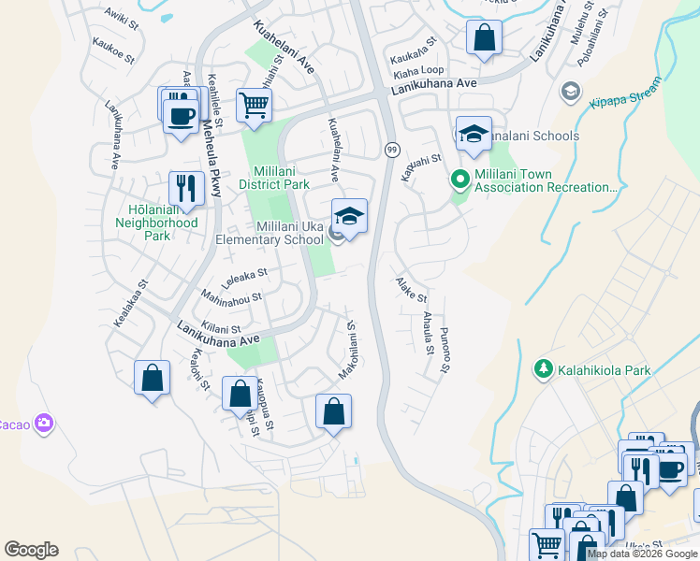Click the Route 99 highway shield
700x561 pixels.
[391, 150]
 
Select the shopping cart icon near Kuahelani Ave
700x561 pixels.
[254, 106]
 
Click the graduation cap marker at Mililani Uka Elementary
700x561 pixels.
[349, 216]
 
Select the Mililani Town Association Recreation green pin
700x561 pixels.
[459, 178]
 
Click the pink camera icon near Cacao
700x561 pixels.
[43, 424]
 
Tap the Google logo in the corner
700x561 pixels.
[31, 550]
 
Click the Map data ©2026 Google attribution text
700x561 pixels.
[643, 554]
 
